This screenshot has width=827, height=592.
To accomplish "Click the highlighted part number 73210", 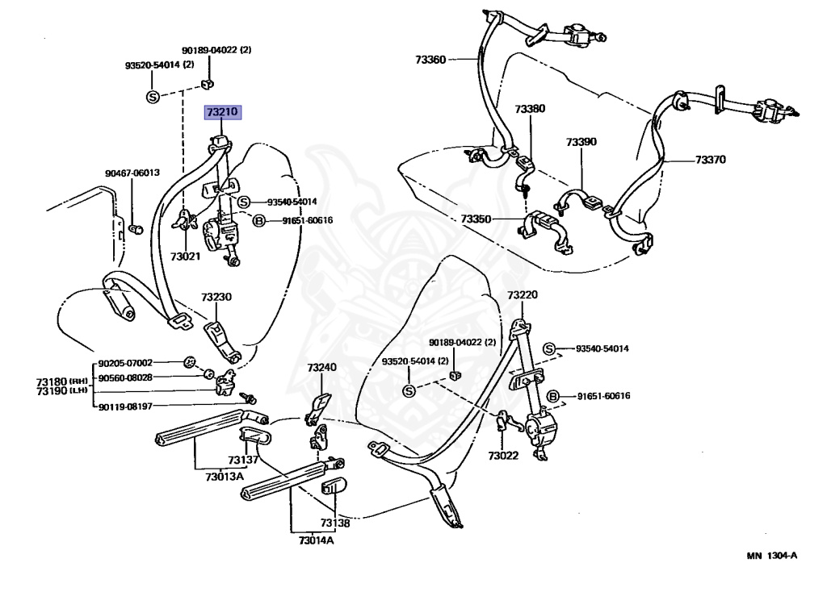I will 222,112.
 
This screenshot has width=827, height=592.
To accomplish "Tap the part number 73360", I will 430,59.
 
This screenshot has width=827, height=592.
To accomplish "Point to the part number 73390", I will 581,142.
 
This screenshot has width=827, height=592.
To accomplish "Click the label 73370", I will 711,160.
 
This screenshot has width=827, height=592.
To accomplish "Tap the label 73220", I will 522,295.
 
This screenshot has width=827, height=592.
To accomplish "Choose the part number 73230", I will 216,297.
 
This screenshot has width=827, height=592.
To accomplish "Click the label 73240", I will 321,367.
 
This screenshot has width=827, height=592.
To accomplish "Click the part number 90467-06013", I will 132,173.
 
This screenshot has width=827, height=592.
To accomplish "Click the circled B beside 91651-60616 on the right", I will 553,396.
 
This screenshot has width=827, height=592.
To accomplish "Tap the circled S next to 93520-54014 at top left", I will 153,97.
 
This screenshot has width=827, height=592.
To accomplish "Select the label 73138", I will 334,523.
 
